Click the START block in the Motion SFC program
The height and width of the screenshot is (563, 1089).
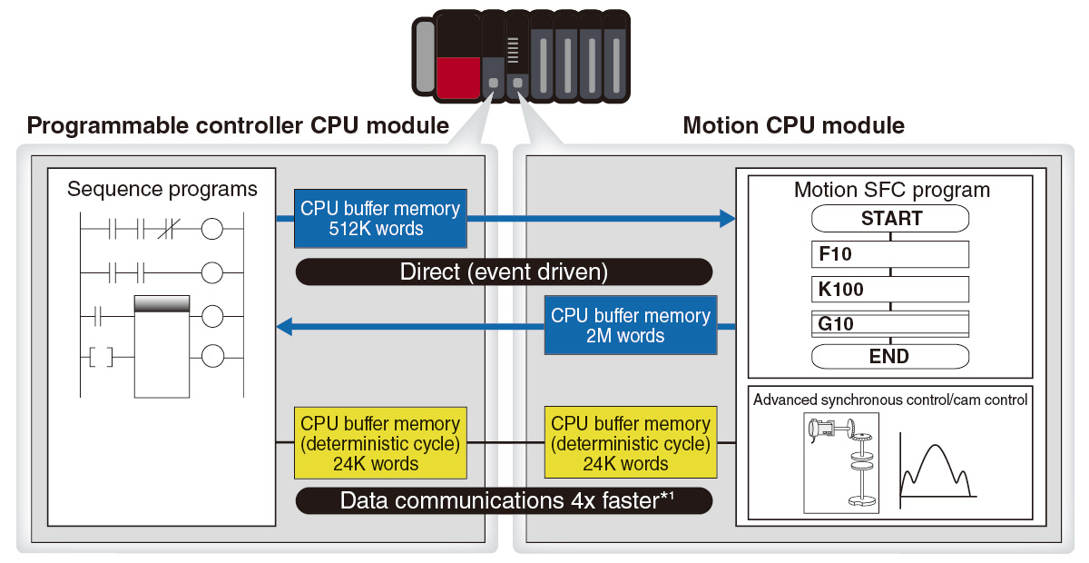pos(889,219)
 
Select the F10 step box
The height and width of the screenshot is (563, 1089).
pos(889,254)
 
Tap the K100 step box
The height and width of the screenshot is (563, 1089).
pos(889,290)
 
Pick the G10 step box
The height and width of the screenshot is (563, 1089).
pos(889,324)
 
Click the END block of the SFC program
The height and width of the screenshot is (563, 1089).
pos(889,356)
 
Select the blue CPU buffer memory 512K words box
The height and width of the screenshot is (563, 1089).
pos(380,218)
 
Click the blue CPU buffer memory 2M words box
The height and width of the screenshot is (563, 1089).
pos(631,325)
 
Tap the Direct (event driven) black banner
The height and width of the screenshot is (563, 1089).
pos(504,272)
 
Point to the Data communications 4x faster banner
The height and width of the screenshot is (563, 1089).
pos(504,500)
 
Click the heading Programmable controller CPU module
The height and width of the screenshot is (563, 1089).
pos(238,125)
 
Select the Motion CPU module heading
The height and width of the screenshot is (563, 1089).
pos(793,125)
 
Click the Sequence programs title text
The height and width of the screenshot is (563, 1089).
pos(162,190)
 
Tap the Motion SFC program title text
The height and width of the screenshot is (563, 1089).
pos(891,190)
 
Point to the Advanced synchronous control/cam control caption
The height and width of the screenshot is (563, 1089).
pos(890,400)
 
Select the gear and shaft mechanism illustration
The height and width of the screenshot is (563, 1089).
pos(841,463)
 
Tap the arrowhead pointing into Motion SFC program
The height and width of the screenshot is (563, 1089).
pos(726,218)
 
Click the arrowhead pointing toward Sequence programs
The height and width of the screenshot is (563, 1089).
pos(285,325)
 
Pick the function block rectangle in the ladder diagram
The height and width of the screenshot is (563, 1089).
pos(162,347)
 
